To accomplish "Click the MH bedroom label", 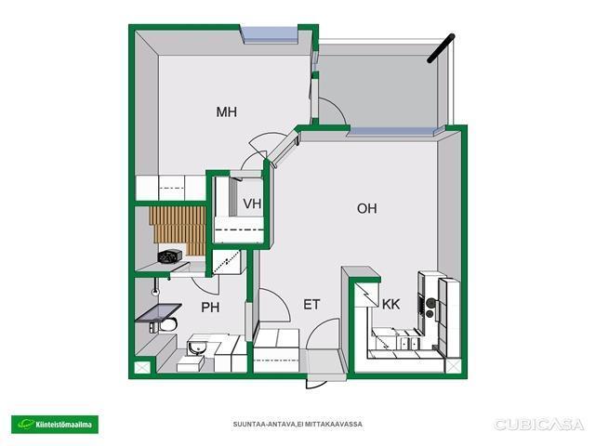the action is point(227,111).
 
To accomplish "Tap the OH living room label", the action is point(367,208).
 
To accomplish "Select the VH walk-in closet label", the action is point(252,203).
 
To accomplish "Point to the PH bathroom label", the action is point(210,307).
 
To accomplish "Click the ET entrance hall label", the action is point(311,305).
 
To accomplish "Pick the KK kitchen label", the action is point(390,304).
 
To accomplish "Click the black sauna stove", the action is point(169,256).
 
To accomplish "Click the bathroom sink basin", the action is point(196,347).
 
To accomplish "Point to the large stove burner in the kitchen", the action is point(431,302).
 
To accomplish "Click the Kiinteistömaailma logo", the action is point(55,425).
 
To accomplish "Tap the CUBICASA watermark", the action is point(538,425).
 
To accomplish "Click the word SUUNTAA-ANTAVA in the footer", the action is point(264,424).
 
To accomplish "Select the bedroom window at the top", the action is point(270,34).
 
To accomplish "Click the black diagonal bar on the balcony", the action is point(441,48).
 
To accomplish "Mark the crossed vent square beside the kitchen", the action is point(453,366).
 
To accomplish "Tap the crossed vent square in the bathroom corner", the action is point(142,368).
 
